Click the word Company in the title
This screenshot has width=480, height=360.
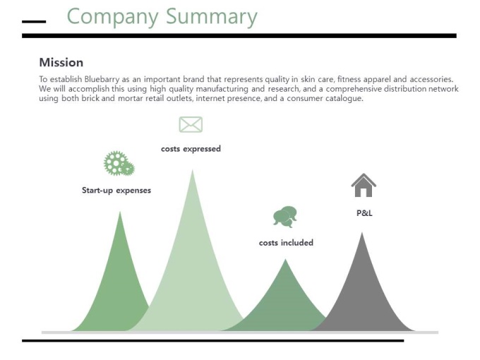click(x=113, y=17)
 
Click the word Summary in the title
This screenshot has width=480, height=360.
click(x=212, y=17)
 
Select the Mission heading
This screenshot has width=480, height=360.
click(x=61, y=62)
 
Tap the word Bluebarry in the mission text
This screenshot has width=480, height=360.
click(x=102, y=79)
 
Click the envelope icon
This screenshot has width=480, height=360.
click(x=191, y=125)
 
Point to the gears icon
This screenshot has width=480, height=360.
click(x=119, y=164)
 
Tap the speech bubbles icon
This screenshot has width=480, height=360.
click(x=285, y=217)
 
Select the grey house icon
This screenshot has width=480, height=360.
click(x=364, y=185)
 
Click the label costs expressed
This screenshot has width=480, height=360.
click(x=191, y=149)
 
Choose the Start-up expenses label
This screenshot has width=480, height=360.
click(x=116, y=191)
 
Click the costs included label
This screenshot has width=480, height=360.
click(x=286, y=243)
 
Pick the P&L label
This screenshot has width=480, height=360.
click(x=364, y=213)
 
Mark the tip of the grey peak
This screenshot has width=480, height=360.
click(x=362, y=233)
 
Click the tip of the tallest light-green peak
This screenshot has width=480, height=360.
click(x=193, y=170)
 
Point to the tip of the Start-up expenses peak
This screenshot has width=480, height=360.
click(x=120, y=212)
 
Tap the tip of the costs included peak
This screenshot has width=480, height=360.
click(x=286, y=259)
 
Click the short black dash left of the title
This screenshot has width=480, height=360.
click(x=34, y=22)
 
